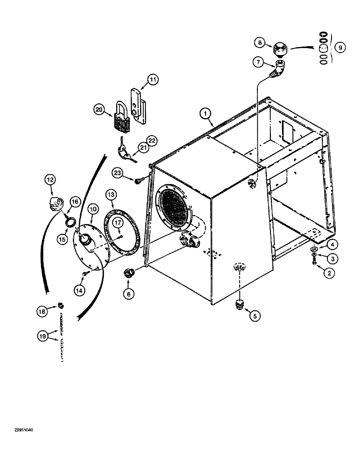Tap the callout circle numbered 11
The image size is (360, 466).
click(153, 81)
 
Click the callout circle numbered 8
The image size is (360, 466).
click(260, 43)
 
